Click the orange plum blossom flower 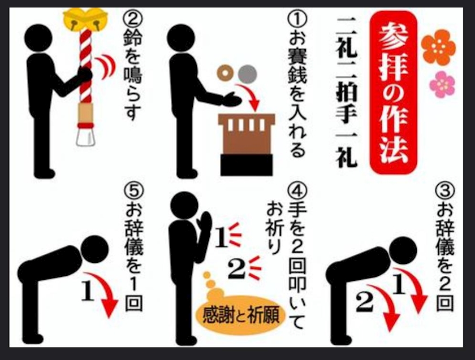438,47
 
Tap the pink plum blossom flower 442,84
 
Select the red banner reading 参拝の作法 393,92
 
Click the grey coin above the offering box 248,74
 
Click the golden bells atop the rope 85,19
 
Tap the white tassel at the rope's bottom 85,137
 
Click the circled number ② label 133,19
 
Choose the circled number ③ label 444,191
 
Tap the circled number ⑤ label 133,191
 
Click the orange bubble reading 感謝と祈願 240,315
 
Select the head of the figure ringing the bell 38,38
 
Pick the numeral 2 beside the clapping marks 236,270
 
